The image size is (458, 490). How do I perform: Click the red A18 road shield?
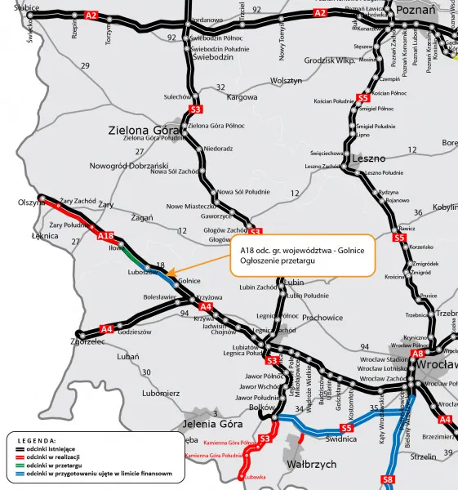106,236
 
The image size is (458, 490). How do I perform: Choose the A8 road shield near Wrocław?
417,354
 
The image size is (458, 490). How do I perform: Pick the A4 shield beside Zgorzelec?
106,329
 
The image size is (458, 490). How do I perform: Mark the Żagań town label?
142,218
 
